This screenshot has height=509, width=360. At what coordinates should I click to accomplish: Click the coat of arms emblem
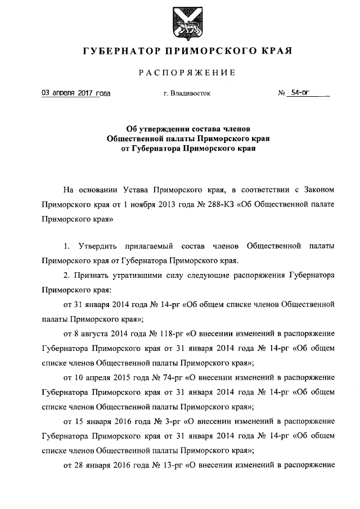(179, 21)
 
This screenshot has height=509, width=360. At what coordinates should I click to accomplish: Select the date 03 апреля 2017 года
(76, 93)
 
